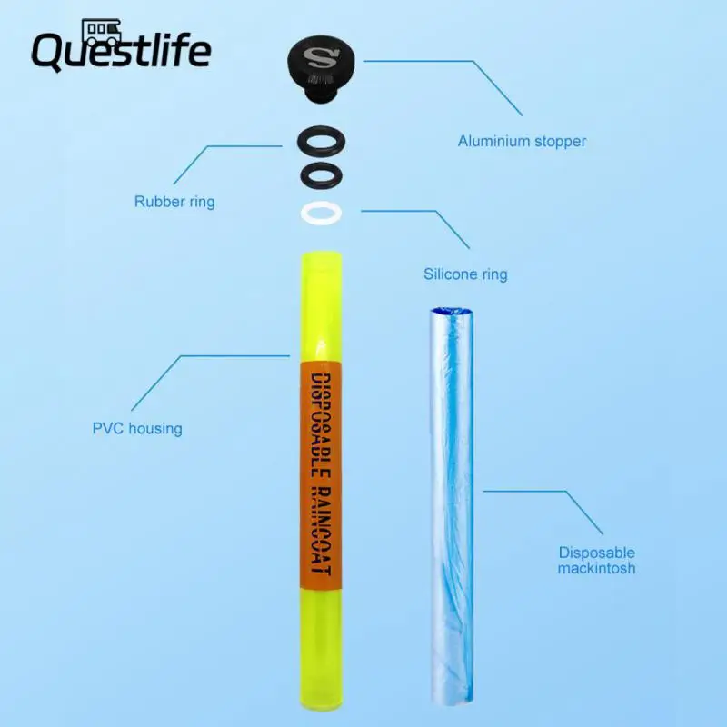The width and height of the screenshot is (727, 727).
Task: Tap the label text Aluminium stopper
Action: (522, 142)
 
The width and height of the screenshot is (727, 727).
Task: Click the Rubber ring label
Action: (174, 202)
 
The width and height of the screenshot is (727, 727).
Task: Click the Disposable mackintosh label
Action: (597, 561)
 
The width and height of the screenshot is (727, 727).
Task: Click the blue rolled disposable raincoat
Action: (451, 500)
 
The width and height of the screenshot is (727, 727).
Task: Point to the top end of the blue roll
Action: (452, 314)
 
